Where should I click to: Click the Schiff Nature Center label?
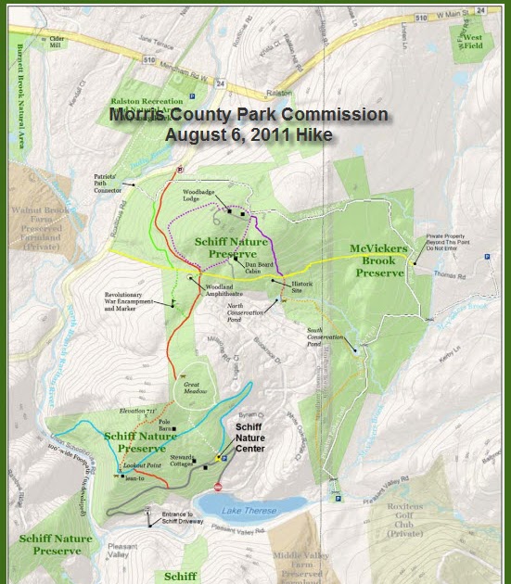(x=250, y=437)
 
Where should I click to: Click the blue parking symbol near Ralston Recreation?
(x=192, y=95)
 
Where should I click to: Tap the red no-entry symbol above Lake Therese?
(x=219, y=486)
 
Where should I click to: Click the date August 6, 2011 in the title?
(x=249, y=133)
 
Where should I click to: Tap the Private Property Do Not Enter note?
(x=451, y=242)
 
